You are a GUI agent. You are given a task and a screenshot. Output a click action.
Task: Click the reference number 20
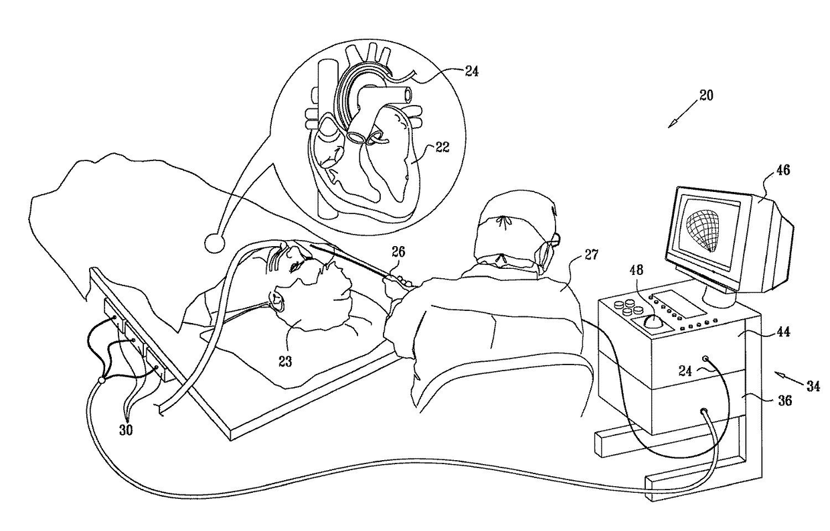pos(705,95)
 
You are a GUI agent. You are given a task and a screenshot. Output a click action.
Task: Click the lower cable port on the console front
pos(703,413)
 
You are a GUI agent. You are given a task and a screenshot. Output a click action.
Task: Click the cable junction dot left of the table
pos(101,380)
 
